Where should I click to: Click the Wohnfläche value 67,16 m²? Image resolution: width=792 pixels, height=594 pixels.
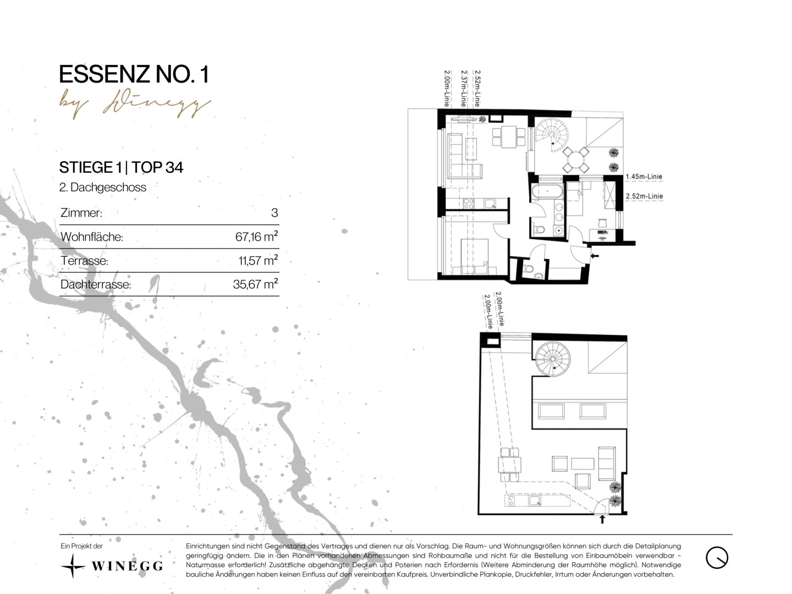[x=256, y=237]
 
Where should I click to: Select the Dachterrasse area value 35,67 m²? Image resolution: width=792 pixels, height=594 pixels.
[x=255, y=284]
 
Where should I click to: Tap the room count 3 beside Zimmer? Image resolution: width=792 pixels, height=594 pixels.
[x=274, y=213]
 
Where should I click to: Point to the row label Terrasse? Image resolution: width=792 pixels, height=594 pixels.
[x=85, y=260]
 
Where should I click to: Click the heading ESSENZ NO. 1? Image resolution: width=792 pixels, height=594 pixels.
[x=134, y=75]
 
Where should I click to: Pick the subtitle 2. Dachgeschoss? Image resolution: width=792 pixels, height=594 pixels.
[x=103, y=188]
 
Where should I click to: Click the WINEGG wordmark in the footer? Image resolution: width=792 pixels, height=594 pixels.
[x=127, y=566]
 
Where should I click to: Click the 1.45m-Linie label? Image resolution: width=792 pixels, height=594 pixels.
[x=643, y=177]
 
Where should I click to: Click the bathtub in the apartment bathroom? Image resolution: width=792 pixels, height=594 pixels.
[x=547, y=191]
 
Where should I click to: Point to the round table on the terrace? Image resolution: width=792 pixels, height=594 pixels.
[x=576, y=159]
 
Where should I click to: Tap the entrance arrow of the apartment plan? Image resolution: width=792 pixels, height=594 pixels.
[x=594, y=256]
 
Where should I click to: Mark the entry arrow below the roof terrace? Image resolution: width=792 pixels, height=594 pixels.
[x=602, y=520]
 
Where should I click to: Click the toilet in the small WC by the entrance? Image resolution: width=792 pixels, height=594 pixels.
[x=529, y=269]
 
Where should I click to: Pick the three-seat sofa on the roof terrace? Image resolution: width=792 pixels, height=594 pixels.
[x=607, y=463]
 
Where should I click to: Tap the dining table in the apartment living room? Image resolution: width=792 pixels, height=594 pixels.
[x=509, y=136]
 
